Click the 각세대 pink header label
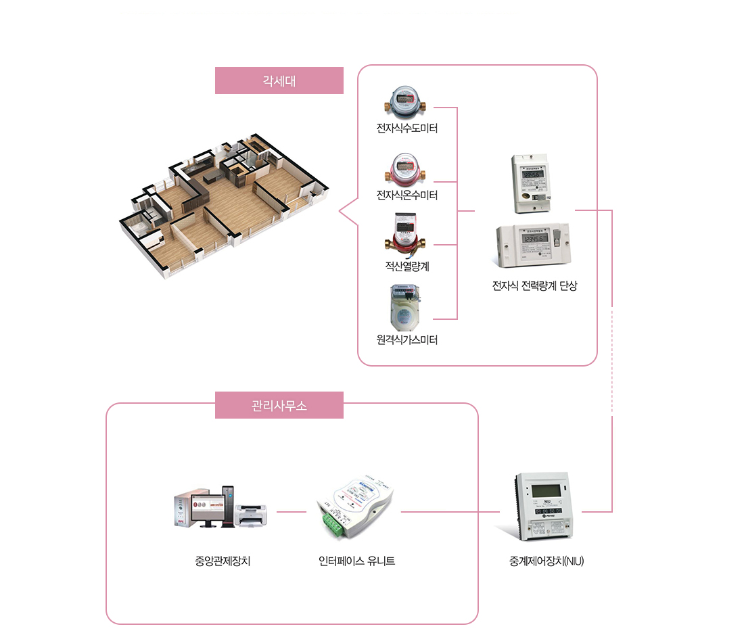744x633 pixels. coord(279,80)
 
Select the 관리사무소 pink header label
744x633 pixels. coord(279,406)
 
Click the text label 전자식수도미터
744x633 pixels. coord(407,128)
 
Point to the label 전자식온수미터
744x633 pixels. coord(407,195)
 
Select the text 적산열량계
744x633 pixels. coord(407,266)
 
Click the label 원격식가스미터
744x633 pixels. coord(407,339)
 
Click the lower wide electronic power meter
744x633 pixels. coord(534,245)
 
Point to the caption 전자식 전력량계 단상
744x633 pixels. coord(535,286)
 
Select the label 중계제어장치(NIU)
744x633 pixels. coord(547,561)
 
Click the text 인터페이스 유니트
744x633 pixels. coord(356,561)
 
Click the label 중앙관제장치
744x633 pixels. coord(223,561)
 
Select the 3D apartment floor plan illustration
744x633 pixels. coord(223,203)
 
